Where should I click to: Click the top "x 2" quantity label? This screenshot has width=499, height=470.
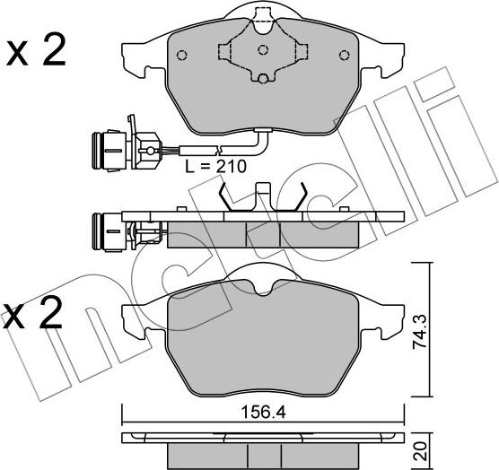(x=36, y=51)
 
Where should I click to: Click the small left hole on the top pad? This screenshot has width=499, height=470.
(x=182, y=55)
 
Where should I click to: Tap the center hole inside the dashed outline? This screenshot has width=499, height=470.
(x=263, y=49)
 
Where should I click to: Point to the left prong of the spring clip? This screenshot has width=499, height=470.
(x=225, y=197)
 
